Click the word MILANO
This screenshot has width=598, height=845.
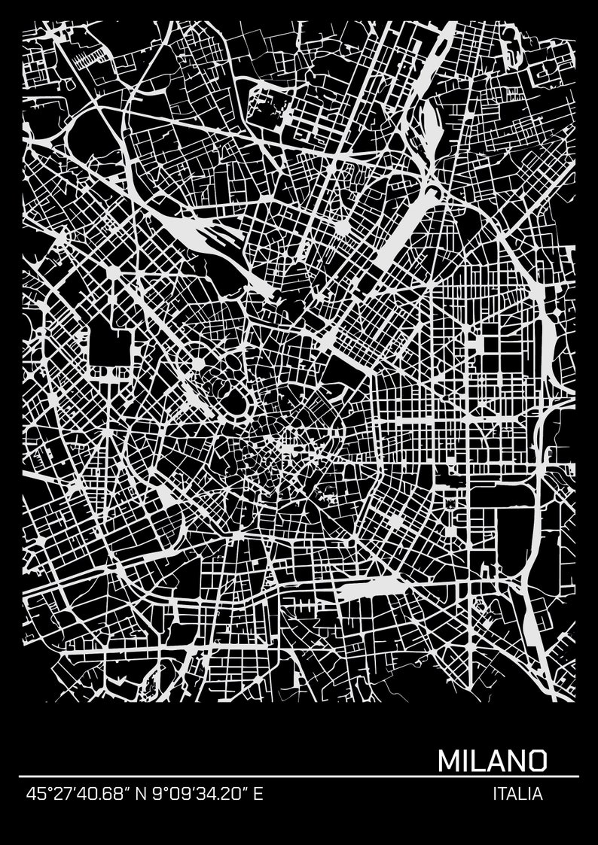coord(492,759)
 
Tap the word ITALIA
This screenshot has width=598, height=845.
coord(517,794)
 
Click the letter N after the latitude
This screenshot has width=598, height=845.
coord(140,794)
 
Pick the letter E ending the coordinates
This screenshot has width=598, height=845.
coord(258,794)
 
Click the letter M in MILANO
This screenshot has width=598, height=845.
coord(449,759)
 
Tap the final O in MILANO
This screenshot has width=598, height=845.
coord(535,759)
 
